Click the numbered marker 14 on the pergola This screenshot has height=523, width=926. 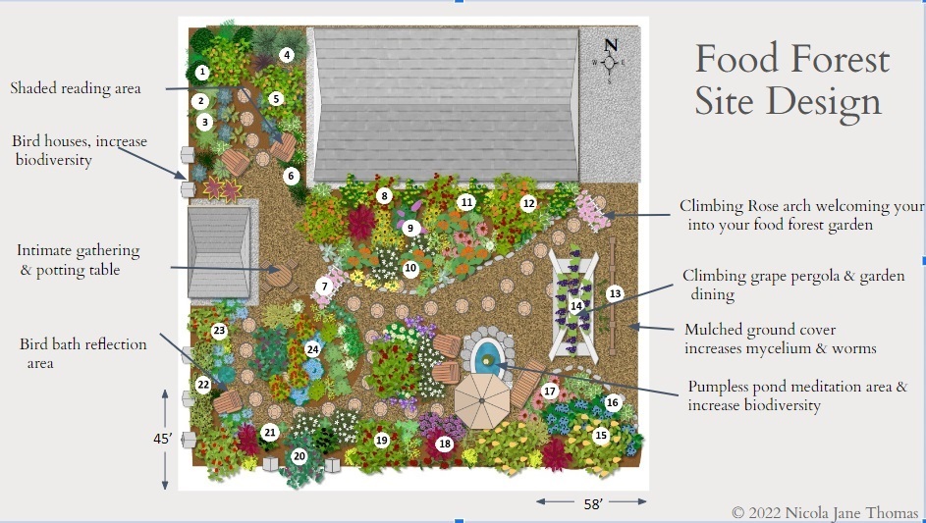click(x=576, y=306)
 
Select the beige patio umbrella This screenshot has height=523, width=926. click(x=482, y=401)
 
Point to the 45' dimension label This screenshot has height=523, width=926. click(x=162, y=440)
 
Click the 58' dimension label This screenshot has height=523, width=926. click(x=593, y=503)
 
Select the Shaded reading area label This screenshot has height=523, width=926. click(x=76, y=88)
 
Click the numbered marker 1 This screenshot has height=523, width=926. click(x=202, y=72)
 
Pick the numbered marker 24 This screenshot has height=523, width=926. click(x=312, y=349)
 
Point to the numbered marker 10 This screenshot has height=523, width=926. click(x=410, y=269)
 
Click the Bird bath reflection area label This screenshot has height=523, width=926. click(x=82, y=353)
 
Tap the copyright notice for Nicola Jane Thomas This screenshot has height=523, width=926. click(x=825, y=512)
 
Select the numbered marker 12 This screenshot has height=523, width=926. click(x=528, y=204)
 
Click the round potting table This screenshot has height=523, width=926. click(x=278, y=276)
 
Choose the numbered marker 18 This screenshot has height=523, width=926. click(x=444, y=444)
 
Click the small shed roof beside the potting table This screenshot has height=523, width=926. click(x=219, y=252)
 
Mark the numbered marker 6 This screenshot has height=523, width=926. click(x=291, y=176)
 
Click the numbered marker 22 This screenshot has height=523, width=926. click(x=203, y=385)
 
